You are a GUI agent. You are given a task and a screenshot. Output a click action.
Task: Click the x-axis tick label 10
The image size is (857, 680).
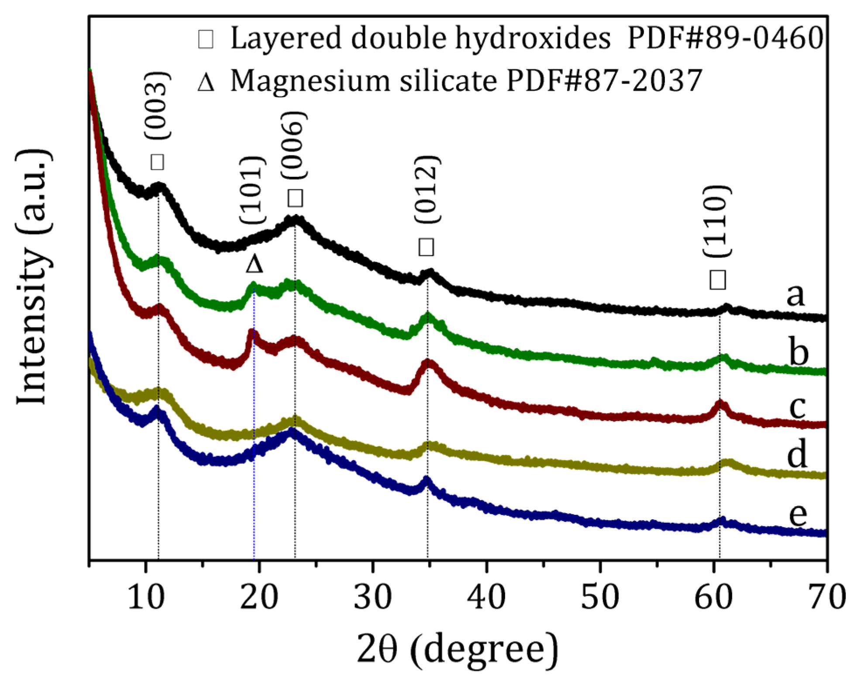145,597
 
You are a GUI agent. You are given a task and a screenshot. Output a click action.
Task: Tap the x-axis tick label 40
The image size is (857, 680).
486,597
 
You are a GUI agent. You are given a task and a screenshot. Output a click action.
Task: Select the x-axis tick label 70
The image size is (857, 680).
826,597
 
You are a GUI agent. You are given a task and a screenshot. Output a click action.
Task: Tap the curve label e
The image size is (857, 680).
798,514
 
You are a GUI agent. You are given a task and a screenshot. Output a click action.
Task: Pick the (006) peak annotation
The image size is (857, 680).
293,145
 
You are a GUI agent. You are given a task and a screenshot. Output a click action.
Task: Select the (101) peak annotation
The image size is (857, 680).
252,190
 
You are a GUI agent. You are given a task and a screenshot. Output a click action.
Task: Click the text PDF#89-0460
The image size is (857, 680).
725,38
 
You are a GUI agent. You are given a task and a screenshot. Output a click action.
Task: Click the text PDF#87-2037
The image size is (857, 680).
604,81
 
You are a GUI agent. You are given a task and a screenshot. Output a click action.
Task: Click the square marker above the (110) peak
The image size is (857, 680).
718,280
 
